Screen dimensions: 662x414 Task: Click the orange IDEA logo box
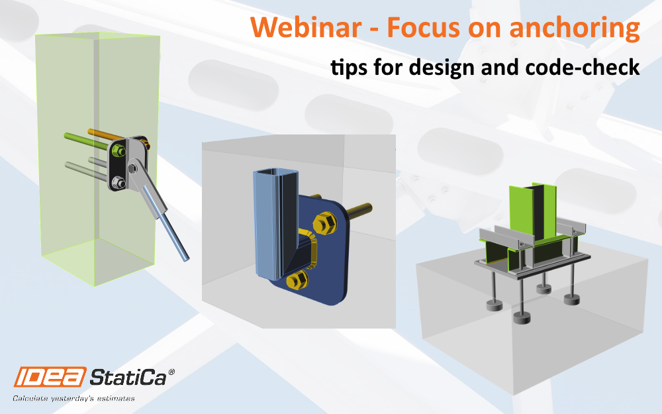50,376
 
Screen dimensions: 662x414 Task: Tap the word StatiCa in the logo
128,376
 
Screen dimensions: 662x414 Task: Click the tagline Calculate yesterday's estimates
74,398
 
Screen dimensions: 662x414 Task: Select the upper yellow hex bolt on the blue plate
324,223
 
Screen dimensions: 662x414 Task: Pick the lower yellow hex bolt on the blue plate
297,280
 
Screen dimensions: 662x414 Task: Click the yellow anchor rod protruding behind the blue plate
359,210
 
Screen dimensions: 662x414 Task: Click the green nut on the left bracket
118,150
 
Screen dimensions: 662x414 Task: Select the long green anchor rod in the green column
87,142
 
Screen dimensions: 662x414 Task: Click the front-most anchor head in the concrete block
522,318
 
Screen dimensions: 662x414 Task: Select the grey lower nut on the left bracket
118,183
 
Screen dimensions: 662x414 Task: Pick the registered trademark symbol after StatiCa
171,372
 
